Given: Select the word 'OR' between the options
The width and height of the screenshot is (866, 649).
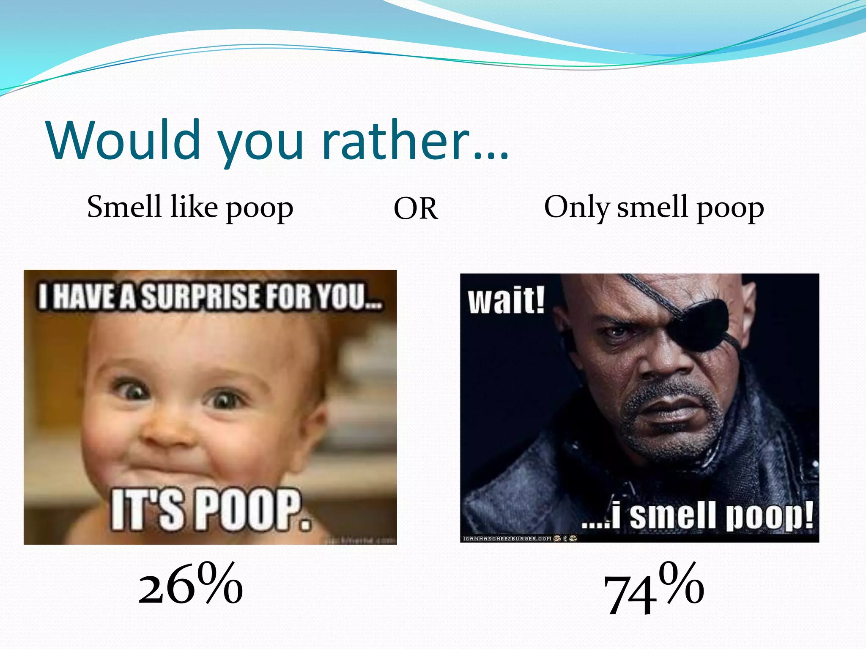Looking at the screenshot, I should click(416, 209).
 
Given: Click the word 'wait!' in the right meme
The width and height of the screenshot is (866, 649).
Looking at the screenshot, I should click(506, 301).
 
